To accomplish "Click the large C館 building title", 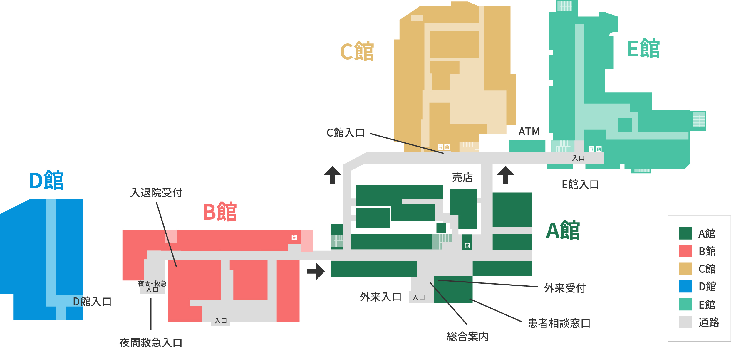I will click(357, 51).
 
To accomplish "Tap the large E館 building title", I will click(643, 49).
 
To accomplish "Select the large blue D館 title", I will click(46, 180).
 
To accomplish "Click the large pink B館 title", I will click(220, 212).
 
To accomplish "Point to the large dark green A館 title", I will click(563, 231).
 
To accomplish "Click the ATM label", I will click(529, 132).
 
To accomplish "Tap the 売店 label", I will click(462, 177).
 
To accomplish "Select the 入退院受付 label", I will click(156, 193).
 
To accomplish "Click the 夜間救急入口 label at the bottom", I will click(151, 343).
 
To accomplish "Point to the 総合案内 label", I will click(467, 337).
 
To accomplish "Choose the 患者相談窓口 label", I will click(559, 323).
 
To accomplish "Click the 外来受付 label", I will click(565, 288).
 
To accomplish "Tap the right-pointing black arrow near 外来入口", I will click(316, 271).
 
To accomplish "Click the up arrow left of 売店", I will click(333, 175).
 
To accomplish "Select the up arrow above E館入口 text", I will click(506, 175).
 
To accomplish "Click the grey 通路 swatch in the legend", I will click(685, 322).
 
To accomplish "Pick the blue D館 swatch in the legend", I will click(685, 286).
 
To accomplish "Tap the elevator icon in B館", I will click(294, 237).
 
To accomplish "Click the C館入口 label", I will click(346, 133).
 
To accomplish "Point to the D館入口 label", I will click(92, 302).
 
